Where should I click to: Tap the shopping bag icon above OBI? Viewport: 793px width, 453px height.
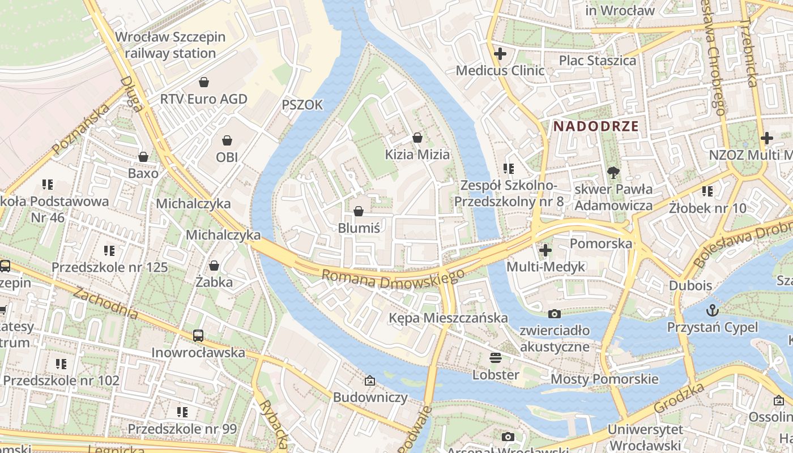coord(227,140)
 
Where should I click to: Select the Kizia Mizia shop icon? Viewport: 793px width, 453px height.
coord(417,138)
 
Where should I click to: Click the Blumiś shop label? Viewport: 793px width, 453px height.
coord(359,228)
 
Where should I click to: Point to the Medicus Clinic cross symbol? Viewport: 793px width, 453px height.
coord(500,54)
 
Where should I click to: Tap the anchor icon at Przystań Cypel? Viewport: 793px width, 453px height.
coord(712,310)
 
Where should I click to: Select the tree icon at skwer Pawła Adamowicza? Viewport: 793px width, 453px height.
coord(613,172)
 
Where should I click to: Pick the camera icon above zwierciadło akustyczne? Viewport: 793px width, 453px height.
coord(555,314)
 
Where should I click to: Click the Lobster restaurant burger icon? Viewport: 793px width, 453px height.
coord(496,358)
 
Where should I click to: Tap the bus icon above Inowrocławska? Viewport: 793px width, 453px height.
coord(198,335)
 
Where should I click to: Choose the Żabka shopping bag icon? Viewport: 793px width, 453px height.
coord(214,265)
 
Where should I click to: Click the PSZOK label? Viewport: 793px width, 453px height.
coord(302,105)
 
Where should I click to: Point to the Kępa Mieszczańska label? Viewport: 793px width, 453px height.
coord(448,318)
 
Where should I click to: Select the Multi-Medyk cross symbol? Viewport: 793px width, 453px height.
coord(545,250)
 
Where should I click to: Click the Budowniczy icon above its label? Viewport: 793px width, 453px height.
coord(370,381)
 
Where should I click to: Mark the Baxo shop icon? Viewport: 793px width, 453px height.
coord(143,157)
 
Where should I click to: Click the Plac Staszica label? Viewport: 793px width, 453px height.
coord(598,60)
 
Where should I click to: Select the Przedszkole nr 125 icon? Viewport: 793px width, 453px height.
coord(109,250)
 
